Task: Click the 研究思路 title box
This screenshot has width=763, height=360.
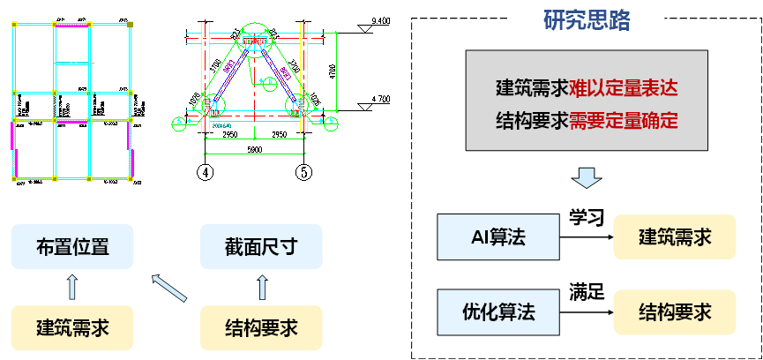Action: [x=587, y=20]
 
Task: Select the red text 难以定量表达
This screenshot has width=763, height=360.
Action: [x=624, y=88]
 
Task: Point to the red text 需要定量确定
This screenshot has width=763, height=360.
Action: [x=624, y=121]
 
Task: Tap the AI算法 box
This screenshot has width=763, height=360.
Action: [x=498, y=236]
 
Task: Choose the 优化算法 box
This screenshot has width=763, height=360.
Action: [x=498, y=311]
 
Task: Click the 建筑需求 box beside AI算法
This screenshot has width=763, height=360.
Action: [x=675, y=236]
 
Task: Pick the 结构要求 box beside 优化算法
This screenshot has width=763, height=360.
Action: [x=675, y=311]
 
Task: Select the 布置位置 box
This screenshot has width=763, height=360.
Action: [x=72, y=247]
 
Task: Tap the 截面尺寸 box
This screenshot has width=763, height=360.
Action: [x=261, y=247]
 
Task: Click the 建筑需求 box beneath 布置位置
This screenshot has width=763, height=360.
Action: [x=72, y=327]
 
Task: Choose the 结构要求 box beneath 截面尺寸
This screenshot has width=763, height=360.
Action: [x=261, y=327]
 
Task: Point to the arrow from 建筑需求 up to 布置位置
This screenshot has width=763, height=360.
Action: [x=72, y=287]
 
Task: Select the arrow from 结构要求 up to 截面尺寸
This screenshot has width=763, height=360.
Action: [x=261, y=287]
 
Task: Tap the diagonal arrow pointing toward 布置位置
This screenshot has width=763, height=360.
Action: [x=168, y=288]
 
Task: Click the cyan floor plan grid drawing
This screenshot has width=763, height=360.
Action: [x=71, y=101]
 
